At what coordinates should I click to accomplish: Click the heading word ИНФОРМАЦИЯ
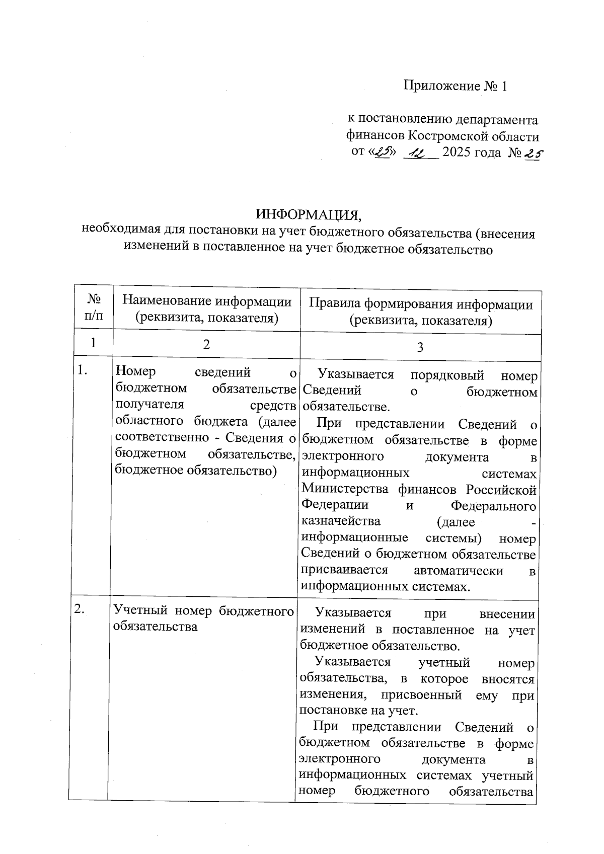click(309, 214)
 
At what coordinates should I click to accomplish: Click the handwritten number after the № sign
click(532, 153)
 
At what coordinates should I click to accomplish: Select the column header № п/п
click(94, 308)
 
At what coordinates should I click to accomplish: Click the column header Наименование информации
click(207, 301)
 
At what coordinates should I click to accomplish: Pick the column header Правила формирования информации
click(420, 304)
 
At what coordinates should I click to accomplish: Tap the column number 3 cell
click(420, 347)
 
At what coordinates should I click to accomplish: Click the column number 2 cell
click(206, 345)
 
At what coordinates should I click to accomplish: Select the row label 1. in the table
click(83, 371)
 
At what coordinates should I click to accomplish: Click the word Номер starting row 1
click(135, 372)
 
